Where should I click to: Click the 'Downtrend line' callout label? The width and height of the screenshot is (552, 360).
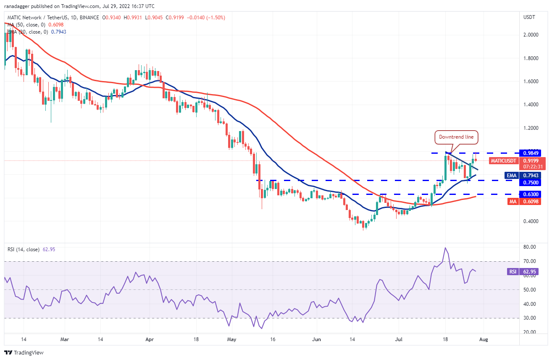click(x=456, y=137)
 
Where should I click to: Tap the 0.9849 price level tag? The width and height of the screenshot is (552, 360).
click(x=529, y=153)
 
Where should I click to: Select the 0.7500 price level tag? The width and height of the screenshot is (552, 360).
click(x=529, y=182)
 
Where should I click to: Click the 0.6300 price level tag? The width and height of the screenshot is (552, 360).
click(x=529, y=194)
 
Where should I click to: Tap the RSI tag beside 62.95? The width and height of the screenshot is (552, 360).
click(x=513, y=272)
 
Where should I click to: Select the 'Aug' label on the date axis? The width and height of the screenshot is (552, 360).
click(x=483, y=339)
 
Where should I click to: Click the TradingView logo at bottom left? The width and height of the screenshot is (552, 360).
click(x=24, y=353)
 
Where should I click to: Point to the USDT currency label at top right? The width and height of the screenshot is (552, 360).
click(x=528, y=17)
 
